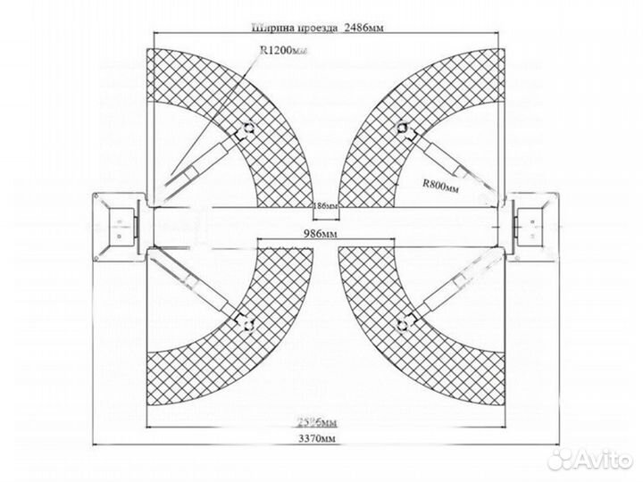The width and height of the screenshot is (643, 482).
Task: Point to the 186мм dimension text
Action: point(325,206)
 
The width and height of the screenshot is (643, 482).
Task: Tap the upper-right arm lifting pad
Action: point(405,129)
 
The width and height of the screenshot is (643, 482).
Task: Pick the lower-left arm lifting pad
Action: point(240,313)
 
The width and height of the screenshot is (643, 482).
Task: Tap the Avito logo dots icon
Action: point(561,458)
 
